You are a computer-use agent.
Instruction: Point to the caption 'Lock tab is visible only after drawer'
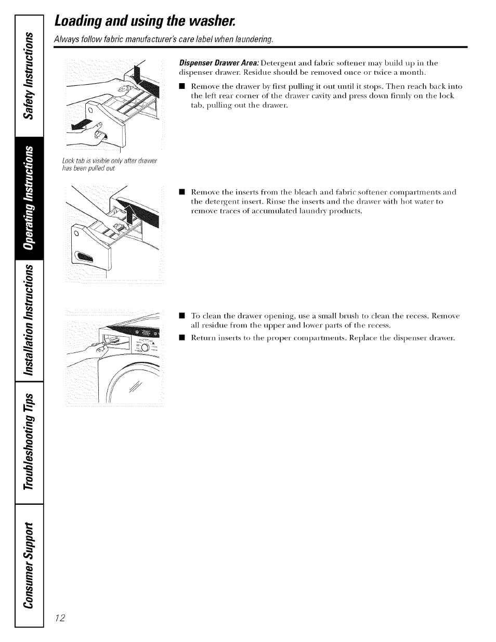109,161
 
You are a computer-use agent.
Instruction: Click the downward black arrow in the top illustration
138,73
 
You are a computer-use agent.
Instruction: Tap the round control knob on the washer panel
145,347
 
